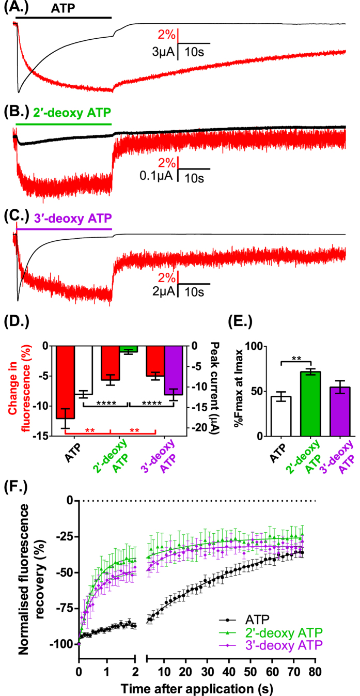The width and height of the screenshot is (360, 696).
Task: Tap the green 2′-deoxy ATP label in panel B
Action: pos(72,113)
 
